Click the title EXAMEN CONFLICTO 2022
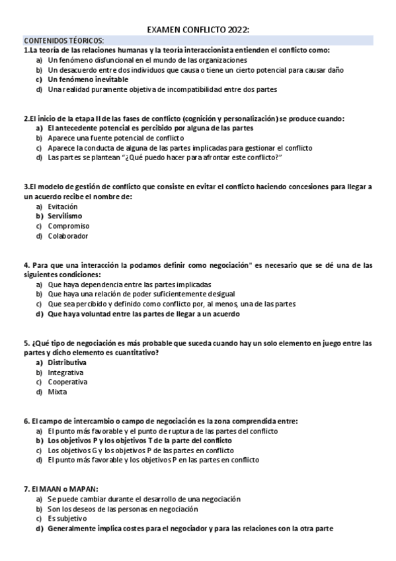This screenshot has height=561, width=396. (198, 30)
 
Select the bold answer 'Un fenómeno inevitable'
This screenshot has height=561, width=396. (88, 79)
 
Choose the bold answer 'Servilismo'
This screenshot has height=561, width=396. (65, 216)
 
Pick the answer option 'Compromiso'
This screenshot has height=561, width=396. (68, 226)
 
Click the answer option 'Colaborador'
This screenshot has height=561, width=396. (68, 236)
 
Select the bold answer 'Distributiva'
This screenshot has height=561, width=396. (67, 363)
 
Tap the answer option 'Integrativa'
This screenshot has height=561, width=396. (65, 372)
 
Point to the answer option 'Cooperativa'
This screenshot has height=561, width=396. (67, 382)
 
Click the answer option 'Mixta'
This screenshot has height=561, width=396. (58, 392)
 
